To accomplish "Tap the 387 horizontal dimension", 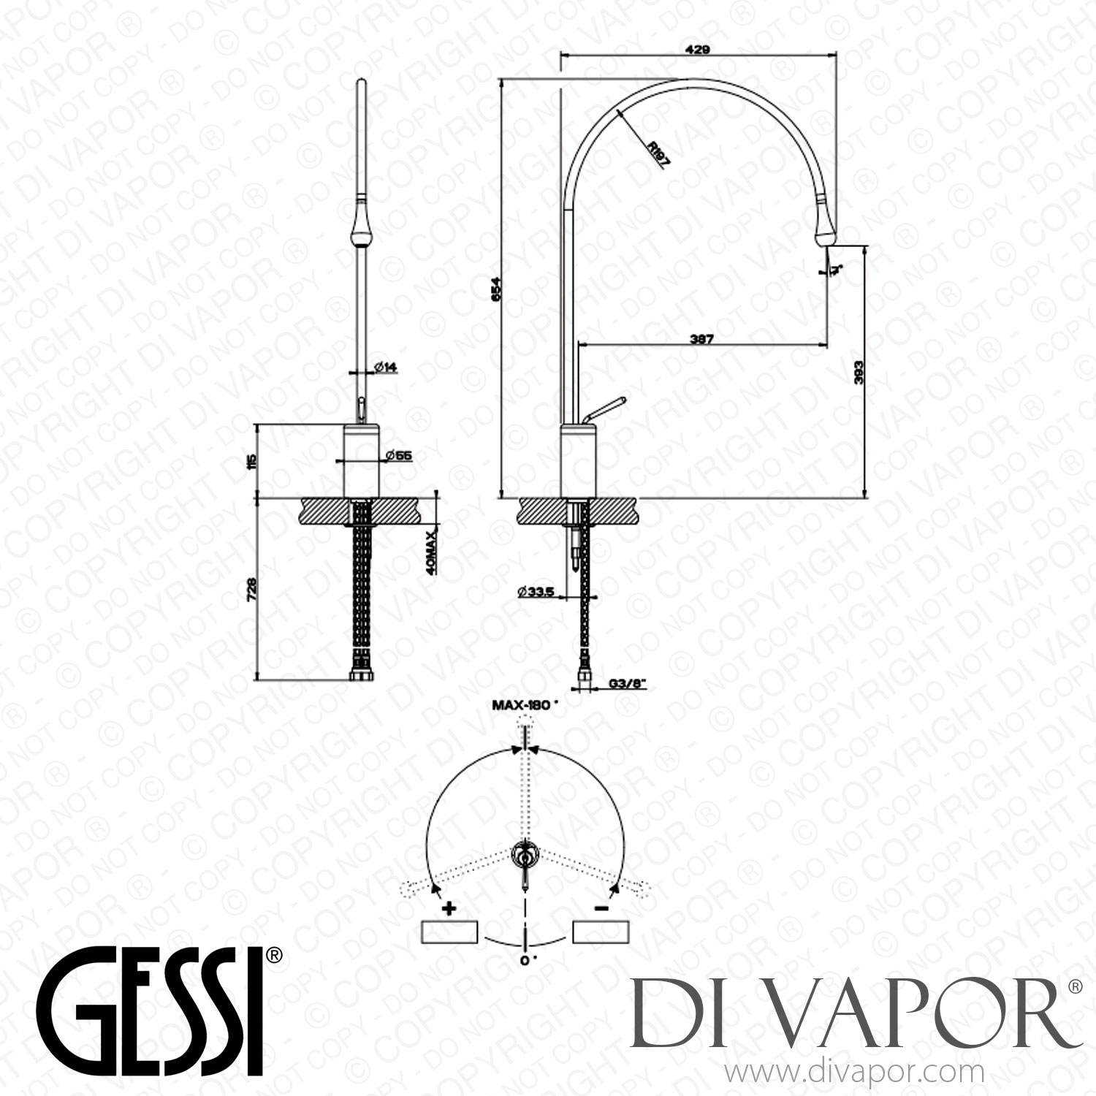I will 700,339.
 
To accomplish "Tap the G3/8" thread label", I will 627,686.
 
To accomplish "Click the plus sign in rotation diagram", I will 449,909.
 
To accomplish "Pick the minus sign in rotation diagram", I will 601,908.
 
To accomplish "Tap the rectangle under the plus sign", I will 450,932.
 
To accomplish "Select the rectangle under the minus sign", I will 601,932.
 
